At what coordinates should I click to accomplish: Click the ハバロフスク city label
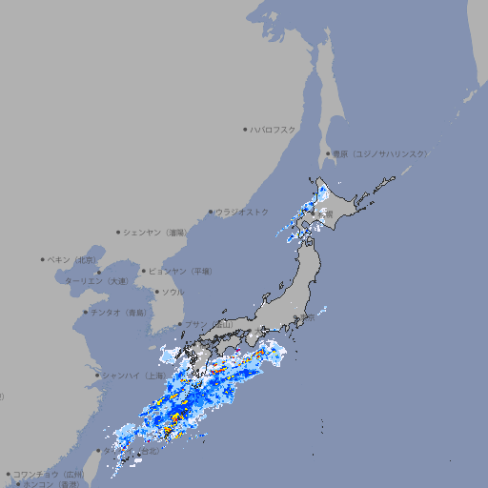274,130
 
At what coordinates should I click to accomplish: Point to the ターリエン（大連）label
95,281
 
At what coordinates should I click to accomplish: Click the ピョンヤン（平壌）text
181,271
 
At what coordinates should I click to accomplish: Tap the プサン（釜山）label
209,324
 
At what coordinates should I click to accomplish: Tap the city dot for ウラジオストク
211,213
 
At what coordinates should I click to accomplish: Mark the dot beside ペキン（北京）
43,259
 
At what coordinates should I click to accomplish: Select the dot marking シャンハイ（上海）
97,375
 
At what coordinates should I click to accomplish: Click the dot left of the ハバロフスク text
245,130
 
